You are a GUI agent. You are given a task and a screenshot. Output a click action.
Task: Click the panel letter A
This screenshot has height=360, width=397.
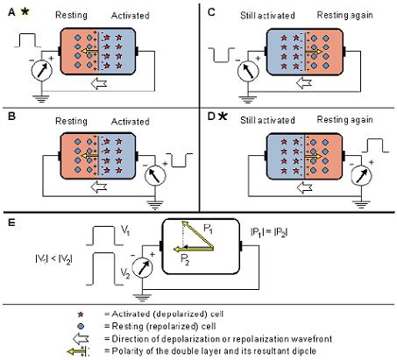coord(11,12)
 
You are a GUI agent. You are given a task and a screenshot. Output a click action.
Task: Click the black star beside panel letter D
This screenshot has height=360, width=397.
coord(223,116)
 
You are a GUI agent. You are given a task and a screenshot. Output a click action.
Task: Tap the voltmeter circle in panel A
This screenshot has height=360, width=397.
coord(41,70)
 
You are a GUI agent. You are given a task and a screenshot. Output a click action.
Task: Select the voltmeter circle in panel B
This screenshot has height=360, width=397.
coord(155,175)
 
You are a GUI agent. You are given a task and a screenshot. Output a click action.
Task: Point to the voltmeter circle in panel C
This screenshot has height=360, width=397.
coord(248,71)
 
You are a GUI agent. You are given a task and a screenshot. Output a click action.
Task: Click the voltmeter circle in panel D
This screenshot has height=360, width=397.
coord(361,175)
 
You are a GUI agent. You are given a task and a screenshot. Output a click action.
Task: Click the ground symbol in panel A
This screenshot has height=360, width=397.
coord(41,98)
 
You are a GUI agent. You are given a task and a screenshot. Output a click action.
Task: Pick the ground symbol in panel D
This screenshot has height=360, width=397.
coord(361,204)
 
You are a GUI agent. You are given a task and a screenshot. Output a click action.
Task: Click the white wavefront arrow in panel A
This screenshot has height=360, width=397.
coord(99,84)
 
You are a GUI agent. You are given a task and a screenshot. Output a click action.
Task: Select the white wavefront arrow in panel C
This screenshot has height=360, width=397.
coord(304,83)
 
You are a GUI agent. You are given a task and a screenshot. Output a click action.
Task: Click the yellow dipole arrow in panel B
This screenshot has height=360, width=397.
coord(90,156)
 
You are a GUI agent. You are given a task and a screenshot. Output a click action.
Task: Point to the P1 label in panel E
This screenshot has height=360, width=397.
coord(208,229)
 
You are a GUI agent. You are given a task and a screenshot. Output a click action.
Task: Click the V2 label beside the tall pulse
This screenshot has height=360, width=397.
coord(125,273)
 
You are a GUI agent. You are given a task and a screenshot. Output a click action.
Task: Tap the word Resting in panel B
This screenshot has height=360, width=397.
coord(71,121)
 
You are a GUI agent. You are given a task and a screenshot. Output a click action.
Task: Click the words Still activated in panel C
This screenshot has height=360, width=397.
coord(267,15)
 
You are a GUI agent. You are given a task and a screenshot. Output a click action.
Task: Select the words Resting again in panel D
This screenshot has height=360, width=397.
coord(345,120)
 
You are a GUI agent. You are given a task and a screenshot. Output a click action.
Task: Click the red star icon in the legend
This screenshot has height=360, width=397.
coord(81,314)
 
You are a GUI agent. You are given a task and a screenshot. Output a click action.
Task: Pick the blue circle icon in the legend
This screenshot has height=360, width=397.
coord(81,326)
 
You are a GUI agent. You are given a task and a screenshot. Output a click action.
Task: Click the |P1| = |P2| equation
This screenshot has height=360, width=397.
coord(269,232)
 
